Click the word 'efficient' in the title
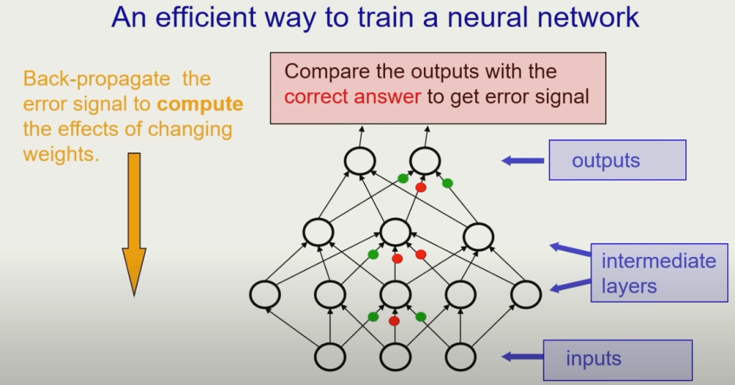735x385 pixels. (205, 17)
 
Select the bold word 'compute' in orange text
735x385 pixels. (200, 104)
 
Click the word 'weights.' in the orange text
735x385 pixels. (61, 154)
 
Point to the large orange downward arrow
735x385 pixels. (134, 225)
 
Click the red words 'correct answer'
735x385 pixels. (353, 96)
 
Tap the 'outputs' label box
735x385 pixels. (617, 160)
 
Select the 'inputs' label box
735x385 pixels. (617, 360)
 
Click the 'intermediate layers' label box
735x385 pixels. (659, 273)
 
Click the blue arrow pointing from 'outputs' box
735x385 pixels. (522, 160)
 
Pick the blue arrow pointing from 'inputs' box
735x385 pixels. (522, 357)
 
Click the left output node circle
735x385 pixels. (359, 161)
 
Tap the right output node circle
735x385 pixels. (425, 161)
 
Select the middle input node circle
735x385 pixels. (395, 357)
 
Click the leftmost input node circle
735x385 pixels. (330, 357)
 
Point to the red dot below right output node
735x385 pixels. (421, 187)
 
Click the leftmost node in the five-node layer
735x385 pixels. (265, 294)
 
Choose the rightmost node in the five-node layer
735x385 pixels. (526, 294)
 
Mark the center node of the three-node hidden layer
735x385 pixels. (395, 232)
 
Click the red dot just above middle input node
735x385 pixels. (394, 321)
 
